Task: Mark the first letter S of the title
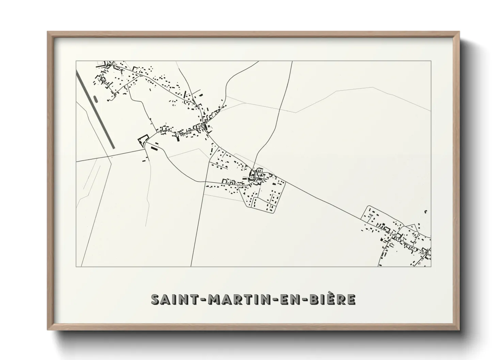156,299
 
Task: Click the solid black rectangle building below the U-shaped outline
154,148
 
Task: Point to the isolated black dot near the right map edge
426,212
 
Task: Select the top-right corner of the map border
431,61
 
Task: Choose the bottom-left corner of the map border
76,267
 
